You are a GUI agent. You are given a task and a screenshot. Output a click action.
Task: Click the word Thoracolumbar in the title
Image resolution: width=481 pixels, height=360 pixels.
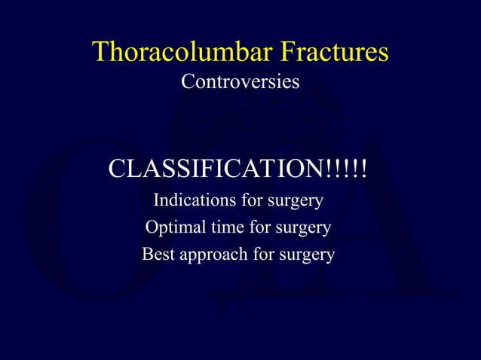coord(182,53)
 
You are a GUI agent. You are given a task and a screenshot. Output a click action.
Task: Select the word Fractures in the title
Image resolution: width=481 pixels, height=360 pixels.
coord(334,53)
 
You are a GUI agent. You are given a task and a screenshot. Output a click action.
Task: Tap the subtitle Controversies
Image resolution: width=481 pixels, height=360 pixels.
coord(240,82)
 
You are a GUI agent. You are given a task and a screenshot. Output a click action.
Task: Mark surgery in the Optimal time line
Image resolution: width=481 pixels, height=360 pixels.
coord(304,228)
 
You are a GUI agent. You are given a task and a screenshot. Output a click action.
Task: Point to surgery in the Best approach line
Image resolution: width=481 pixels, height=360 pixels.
coord(308,255)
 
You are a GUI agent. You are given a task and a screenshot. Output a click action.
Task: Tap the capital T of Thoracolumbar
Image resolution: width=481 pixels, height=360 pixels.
coord(100,53)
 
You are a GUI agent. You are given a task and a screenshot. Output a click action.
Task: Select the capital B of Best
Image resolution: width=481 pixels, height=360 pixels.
coord(148,255)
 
